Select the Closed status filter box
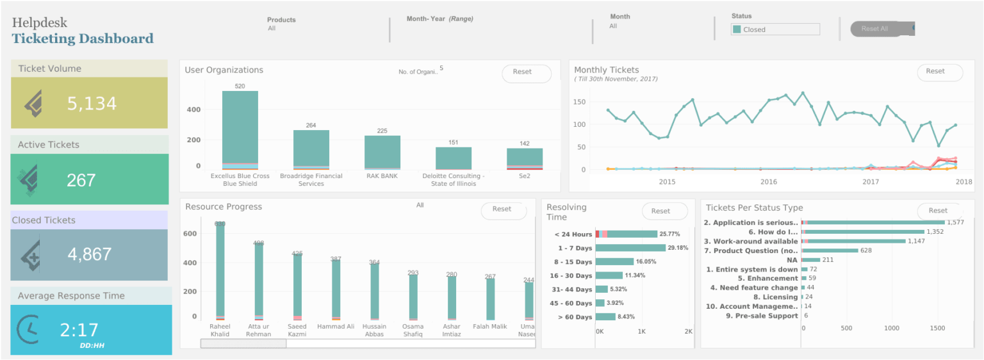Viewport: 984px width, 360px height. click(x=775, y=29)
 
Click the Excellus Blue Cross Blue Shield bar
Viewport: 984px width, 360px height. click(x=240, y=128)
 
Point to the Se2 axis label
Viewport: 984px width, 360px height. click(x=524, y=176)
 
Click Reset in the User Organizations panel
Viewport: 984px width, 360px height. click(x=525, y=72)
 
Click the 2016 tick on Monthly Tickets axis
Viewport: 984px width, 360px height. click(x=769, y=182)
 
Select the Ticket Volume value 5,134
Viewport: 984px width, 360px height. click(x=92, y=104)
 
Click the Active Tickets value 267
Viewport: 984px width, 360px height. click(x=81, y=181)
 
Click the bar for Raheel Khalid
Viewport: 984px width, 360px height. click(x=220, y=269)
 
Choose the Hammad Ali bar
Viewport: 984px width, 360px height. click(x=336, y=288)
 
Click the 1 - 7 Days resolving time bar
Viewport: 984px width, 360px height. click(x=630, y=248)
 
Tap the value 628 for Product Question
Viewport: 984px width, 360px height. click(x=866, y=250)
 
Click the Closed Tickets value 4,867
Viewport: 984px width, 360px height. click(x=90, y=255)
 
